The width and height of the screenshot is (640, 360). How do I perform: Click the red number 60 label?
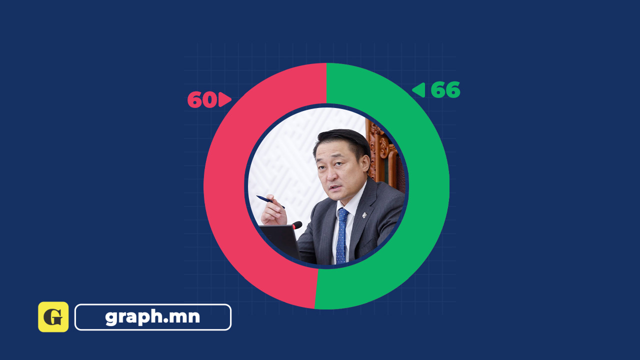tap(201, 99)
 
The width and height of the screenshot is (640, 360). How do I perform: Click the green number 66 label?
tap(445, 89)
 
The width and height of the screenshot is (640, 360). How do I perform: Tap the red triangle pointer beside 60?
tap(225, 99)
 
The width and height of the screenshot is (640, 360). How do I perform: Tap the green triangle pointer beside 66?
tap(418, 90)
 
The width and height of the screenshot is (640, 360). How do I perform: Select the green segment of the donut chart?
tap(428, 185)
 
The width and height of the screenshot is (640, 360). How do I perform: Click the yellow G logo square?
tap(53, 317)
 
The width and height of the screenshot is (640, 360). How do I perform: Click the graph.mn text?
tap(152, 317)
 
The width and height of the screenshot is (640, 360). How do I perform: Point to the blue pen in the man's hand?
tap(270, 201)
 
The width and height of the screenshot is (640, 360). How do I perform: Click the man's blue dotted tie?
tap(341, 235)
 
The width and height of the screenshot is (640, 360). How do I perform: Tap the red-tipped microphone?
tap(297, 225)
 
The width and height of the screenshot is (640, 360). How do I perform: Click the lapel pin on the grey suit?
tap(364, 215)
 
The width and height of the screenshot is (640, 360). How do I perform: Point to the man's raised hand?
tap(273, 211)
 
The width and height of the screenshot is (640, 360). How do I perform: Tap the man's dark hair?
tap(343, 141)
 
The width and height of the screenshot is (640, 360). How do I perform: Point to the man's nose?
tap(331, 174)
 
